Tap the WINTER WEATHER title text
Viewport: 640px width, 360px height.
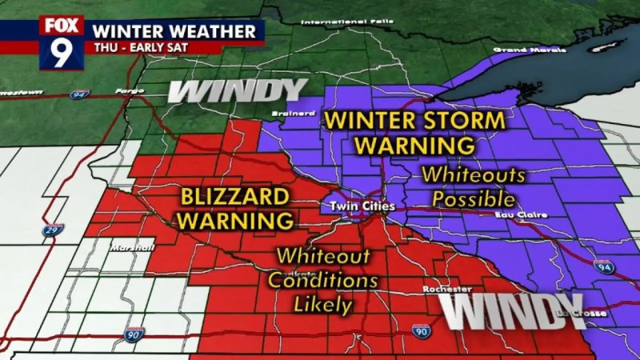tap(177, 31)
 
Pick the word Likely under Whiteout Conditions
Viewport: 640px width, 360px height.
tap(322, 304)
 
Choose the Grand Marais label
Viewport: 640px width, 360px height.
tap(515, 50)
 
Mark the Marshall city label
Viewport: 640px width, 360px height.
tap(134, 248)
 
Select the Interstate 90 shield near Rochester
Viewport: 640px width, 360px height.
tap(422, 331)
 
